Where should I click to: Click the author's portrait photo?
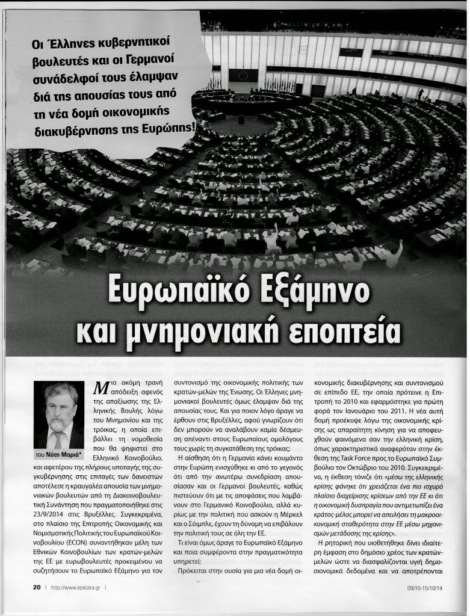pos(59,416)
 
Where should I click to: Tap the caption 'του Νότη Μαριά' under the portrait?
pos(59,455)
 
